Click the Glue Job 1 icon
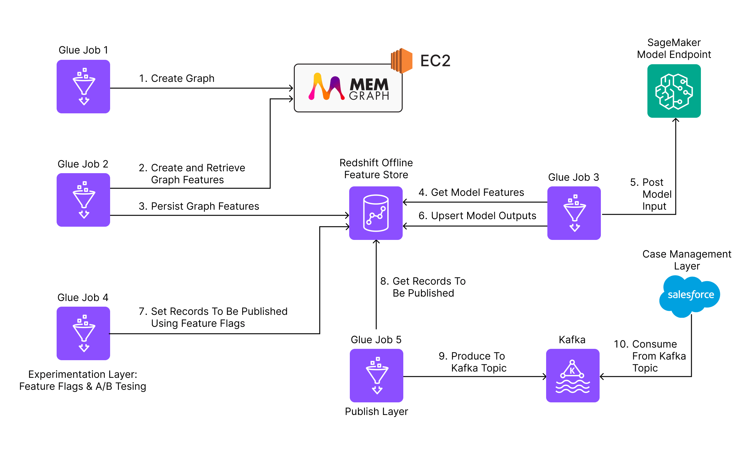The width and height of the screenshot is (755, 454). (x=83, y=87)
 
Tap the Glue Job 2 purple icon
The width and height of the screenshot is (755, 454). (x=83, y=200)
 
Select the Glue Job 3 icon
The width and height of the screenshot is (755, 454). (x=574, y=213)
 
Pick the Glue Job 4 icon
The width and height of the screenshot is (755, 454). (x=83, y=333)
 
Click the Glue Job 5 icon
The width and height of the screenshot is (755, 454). (x=377, y=376)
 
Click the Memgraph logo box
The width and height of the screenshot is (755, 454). (x=348, y=88)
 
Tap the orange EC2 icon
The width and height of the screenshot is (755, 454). (x=401, y=61)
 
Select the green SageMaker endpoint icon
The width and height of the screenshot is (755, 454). (x=674, y=91)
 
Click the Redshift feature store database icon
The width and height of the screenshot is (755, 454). (x=376, y=213)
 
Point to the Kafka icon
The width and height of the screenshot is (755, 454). (x=573, y=376)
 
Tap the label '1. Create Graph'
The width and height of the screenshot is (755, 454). (x=177, y=78)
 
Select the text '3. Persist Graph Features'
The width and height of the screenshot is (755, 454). (x=199, y=206)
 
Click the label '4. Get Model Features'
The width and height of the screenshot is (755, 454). (x=471, y=192)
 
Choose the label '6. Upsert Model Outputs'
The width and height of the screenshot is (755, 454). (x=477, y=216)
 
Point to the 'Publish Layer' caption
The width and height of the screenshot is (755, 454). (x=376, y=411)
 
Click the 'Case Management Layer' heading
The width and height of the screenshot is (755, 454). (x=687, y=260)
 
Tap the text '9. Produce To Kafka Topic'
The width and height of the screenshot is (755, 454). (x=473, y=362)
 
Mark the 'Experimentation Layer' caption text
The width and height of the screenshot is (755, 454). (x=83, y=380)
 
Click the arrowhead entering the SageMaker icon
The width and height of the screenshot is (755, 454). (x=676, y=120)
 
